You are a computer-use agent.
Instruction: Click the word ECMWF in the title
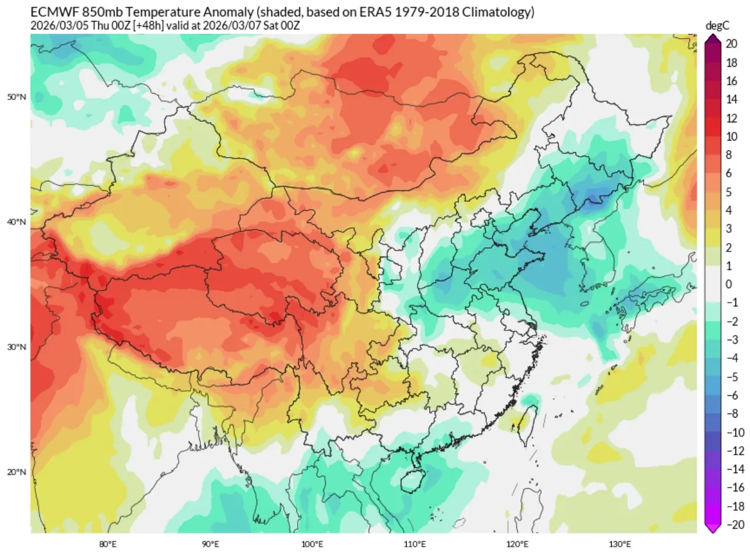tap(51, 12)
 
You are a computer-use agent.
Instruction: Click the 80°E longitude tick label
tap(108, 543)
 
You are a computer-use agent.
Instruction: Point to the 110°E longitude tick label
tap(415, 543)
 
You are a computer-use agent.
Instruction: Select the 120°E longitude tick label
tap(517, 543)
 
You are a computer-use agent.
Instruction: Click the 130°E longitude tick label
tap(620, 543)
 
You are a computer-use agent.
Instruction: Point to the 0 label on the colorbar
tap(728, 284)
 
